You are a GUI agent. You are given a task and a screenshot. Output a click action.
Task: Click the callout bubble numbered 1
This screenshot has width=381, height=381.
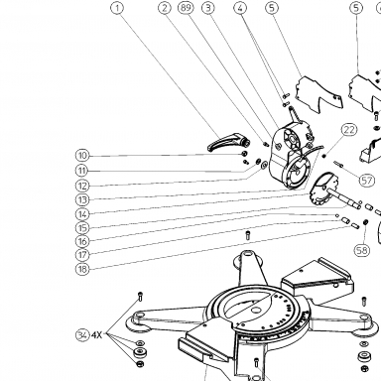117,8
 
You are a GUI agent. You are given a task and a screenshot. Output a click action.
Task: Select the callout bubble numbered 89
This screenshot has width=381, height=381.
186,8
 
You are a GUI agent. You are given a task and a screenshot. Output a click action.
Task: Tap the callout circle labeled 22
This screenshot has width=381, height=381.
349,130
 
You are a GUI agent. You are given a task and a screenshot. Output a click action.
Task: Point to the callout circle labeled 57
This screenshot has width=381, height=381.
366,181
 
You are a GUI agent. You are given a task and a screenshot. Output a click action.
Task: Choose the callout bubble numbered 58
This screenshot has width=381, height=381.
362,250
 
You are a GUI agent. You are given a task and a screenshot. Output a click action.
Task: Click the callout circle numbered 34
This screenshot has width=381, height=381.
82,335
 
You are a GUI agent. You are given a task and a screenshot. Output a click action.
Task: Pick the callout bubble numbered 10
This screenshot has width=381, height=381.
82,156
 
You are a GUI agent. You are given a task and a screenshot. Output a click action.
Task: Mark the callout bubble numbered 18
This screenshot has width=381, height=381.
82,269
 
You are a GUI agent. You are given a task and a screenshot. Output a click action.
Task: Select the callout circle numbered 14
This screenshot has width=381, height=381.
82,214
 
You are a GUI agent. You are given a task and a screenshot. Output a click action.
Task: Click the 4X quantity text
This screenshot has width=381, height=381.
96,335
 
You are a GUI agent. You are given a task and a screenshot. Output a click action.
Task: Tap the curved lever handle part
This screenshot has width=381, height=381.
228,144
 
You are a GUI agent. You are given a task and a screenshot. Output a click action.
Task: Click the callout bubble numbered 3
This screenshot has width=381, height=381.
208,8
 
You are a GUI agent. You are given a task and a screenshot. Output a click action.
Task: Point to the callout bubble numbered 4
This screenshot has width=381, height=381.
240,8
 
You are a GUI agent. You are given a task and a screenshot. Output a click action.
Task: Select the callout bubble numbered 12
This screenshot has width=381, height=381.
82,186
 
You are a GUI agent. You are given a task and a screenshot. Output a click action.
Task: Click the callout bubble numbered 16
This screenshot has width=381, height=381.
82,241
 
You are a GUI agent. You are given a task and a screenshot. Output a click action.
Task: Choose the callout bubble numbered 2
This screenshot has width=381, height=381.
165,8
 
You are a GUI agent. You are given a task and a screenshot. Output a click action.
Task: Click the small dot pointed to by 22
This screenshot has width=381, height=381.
324,156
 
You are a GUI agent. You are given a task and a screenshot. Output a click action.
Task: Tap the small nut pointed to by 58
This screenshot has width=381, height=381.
365,222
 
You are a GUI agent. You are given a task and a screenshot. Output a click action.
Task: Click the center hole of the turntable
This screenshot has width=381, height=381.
255,311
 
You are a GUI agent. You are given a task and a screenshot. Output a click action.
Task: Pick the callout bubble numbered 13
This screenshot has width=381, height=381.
82,199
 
